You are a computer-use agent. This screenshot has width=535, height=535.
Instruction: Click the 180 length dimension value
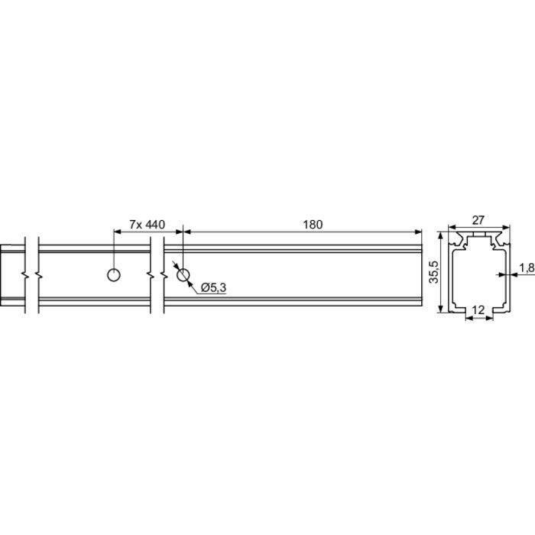tap(313, 224)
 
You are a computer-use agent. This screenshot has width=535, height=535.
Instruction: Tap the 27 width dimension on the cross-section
tap(478, 220)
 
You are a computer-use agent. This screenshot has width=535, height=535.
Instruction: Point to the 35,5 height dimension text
tap(433, 273)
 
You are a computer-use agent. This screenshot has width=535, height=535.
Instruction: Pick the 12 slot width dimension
tap(478, 310)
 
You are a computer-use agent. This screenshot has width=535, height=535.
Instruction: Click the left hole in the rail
tap(114, 275)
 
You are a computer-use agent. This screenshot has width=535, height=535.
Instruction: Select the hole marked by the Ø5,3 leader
tap(183, 274)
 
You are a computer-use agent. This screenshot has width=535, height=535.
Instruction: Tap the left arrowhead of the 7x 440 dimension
tap(117, 231)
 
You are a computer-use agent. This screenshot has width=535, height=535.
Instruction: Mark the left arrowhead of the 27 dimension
tap(450, 227)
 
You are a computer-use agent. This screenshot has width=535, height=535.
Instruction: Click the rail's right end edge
tap(422, 275)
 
